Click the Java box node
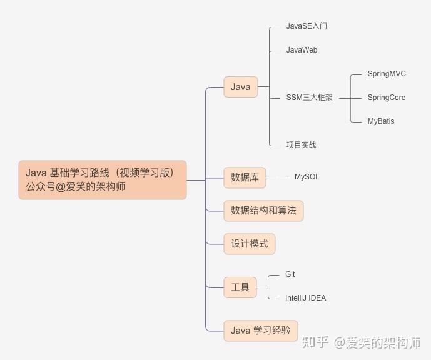tap(240, 87)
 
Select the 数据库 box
tap(245, 177)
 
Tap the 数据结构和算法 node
tap(263, 211)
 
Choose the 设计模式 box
tap(250, 244)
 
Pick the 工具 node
tap(240, 287)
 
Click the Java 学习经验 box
tap(261, 331)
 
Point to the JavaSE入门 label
tap(307, 26)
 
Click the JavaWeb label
tap(302, 50)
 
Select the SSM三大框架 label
tap(309, 97)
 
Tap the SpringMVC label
tap(387, 74)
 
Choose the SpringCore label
tap(386, 97)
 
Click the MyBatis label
tap(381, 121)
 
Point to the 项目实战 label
tap(301, 145)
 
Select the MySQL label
tap(307, 177)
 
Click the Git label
tap(290, 274)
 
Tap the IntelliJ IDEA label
tap(305, 298)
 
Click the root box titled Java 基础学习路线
tap(103, 180)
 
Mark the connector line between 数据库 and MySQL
tap(277, 177)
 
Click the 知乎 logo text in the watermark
tap(315, 342)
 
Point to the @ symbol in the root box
tap(61, 187)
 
